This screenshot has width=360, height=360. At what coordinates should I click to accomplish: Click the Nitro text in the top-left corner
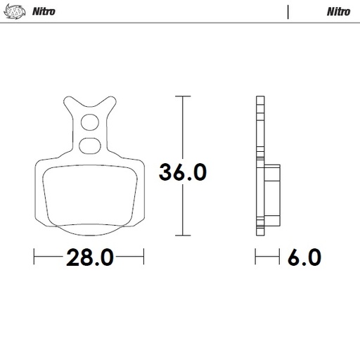(44, 11)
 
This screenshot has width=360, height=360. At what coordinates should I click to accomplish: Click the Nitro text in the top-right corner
(339, 11)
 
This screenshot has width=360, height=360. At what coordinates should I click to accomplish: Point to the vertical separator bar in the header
(289, 11)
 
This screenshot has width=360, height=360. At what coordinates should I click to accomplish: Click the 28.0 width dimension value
(89, 257)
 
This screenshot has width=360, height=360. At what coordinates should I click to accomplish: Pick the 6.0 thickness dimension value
(304, 257)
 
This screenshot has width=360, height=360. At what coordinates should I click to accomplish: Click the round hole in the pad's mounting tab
(89, 124)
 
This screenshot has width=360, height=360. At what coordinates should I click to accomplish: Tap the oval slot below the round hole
(89, 146)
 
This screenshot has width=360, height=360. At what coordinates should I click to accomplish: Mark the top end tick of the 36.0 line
(183, 96)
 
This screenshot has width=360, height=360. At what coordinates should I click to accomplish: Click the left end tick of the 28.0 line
(34, 257)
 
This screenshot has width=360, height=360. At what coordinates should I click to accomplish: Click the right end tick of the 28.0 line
(144, 257)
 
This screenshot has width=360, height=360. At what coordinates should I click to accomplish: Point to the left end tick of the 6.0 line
(257, 257)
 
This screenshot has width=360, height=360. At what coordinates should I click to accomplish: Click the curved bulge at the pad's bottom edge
(89, 230)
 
